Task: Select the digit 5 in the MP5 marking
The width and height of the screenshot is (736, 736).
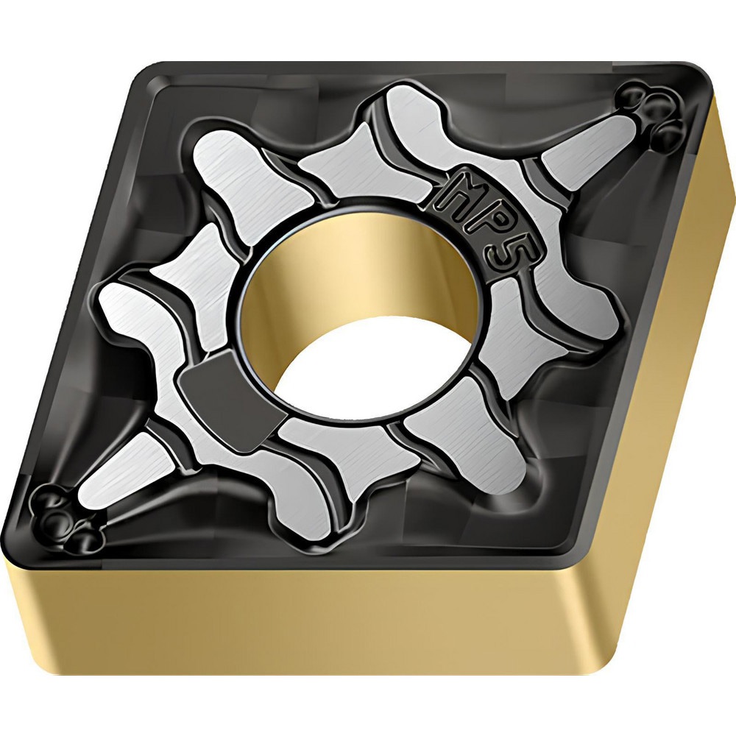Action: pyautogui.click(x=512, y=255)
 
